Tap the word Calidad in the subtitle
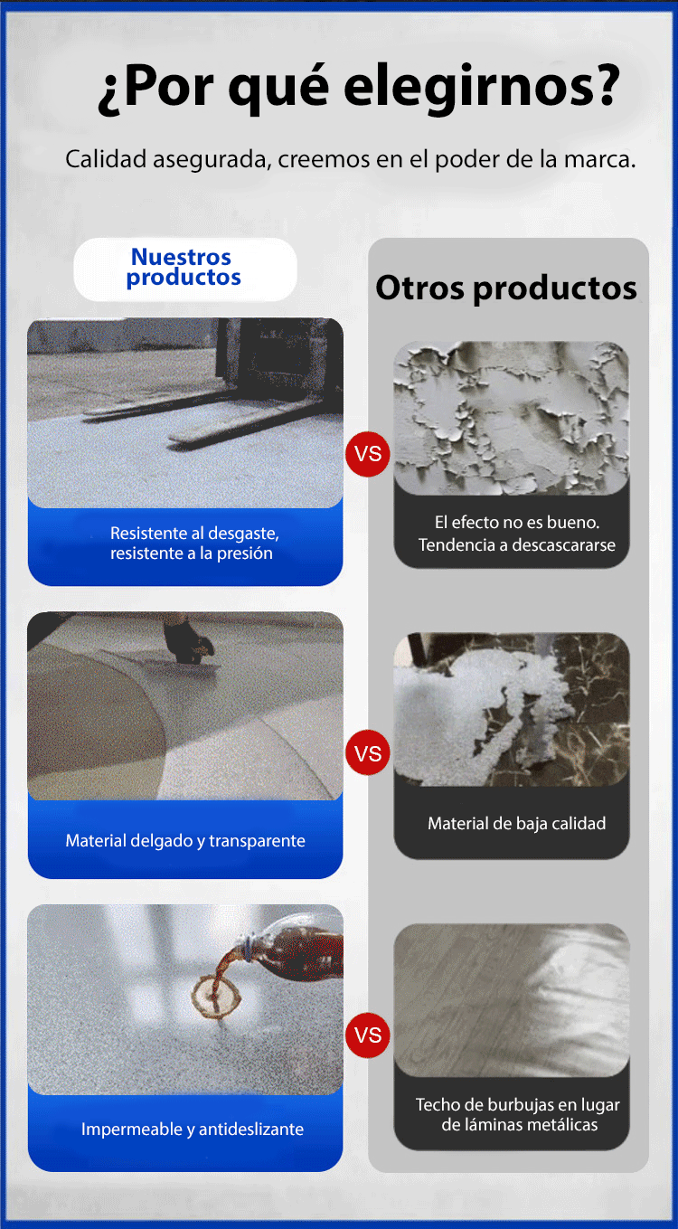pos(106,159)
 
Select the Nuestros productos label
pos(184,267)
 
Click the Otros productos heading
pos(505,288)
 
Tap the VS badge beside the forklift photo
pos(368,454)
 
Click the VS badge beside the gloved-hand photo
pos(368,752)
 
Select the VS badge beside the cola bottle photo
pos(368,1035)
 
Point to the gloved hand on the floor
pos(188,642)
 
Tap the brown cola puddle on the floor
pos(216,997)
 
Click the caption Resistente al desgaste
pos(194,533)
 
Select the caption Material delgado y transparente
pos(185,840)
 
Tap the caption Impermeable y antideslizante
pos(193,1130)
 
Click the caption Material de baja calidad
pos(517,823)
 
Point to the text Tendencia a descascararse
pos(517,544)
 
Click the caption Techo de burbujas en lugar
pos(518,1104)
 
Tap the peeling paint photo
pos(512,418)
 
